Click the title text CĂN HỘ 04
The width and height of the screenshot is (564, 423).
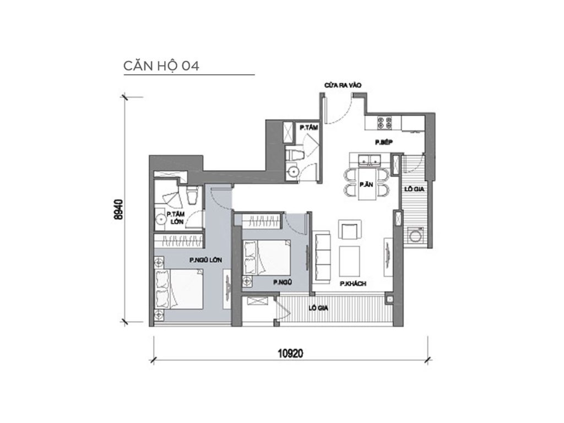pos(161,66)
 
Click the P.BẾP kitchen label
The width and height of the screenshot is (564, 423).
pos(383,142)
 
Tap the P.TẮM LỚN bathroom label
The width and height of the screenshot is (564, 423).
pos(177,218)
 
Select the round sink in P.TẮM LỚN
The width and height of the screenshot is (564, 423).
pos(161,218)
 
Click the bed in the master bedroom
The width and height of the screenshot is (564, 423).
pos(179,292)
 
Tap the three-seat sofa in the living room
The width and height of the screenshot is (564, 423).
pos(322,254)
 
